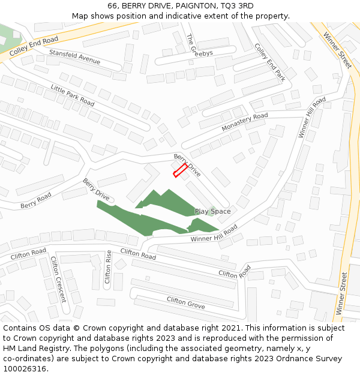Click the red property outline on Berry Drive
[x=180, y=170]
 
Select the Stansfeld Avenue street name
[x=74, y=57]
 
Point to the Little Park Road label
[x=73, y=95]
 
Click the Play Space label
[x=212, y=211]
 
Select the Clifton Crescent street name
[x=58, y=280]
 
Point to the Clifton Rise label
[x=108, y=267]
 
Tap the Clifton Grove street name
[x=185, y=303]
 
